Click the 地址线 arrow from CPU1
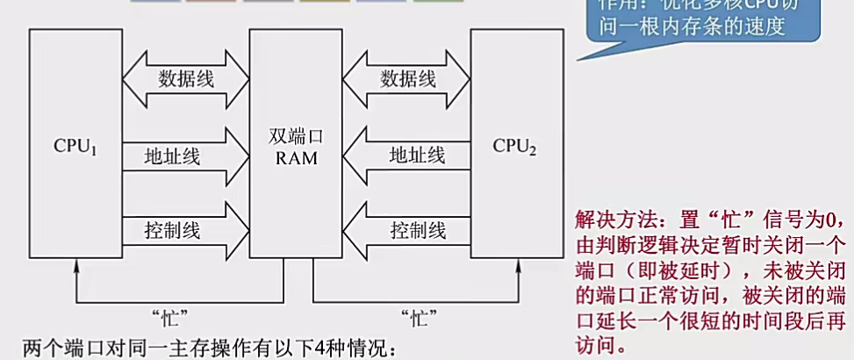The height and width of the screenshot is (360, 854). (x=186, y=156)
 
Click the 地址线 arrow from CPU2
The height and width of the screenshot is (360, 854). (x=406, y=156)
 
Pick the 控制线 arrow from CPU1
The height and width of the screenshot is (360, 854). (x=186, y=231)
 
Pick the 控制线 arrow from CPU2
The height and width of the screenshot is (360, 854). (x=406, y=231)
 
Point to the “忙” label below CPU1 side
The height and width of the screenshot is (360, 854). (x=172, y=313)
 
